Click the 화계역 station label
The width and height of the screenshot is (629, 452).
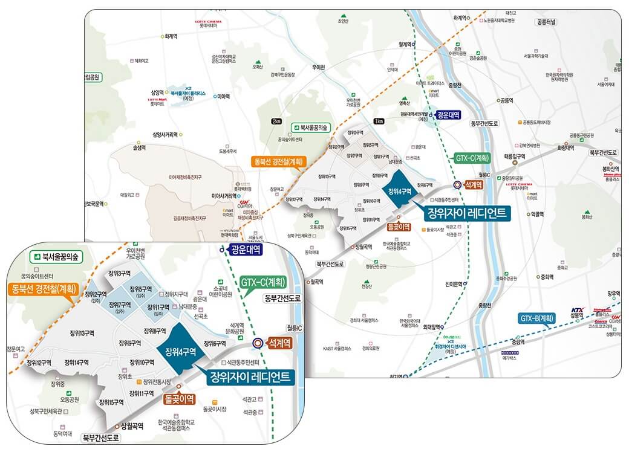tap(170, 36)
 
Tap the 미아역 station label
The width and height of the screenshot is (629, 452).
tap(224, 96)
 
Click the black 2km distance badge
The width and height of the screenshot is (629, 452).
tap(277, 121)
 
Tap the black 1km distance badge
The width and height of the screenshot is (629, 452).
tap(380, 121)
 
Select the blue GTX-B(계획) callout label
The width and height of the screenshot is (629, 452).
tap(536, 318)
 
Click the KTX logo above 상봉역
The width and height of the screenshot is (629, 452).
tap(577, 308)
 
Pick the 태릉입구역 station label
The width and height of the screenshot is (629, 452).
tap(515, 156)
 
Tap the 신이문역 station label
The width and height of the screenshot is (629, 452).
tap(454, 284)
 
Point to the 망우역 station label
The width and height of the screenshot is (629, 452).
tap(614, 293)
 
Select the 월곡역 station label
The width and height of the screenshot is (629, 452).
tap(316, 281)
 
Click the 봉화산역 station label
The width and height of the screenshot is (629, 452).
tap(611, 169)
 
